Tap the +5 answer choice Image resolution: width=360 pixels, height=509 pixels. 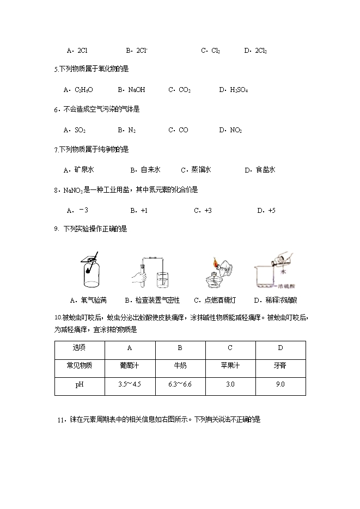coord(266,210)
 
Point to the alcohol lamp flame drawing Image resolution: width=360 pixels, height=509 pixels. coord(215,266)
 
